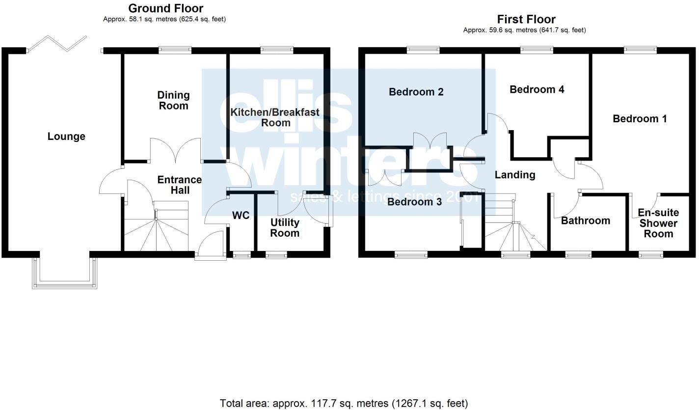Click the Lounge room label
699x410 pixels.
point(66,137)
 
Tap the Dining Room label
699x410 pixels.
point(173,100)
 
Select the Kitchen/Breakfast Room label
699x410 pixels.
point(275,117)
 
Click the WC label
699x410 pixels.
point(241,216)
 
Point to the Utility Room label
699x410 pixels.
point(285,228)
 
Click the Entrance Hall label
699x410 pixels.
point(179,185)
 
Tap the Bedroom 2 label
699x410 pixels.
point(416,92)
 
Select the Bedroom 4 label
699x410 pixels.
point(537,89)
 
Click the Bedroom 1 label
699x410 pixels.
point(640,118)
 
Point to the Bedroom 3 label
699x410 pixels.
point(414,201)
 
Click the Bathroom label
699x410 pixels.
point(585,220)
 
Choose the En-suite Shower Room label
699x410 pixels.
point(658,223)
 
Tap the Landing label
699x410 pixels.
point(514,174)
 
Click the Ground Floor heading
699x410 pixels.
point(165,8)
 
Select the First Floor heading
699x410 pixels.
point(526,19)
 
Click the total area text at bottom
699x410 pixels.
point(344,403)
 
